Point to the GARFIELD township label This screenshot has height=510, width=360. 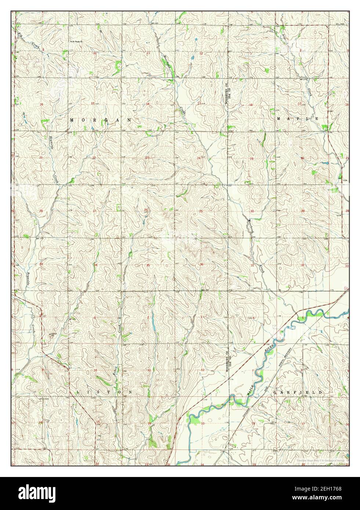pyautogui.click(x=298, y=392)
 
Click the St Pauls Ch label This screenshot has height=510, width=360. pyautogui.click(x=77, y=41)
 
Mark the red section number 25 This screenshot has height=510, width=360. pyautogui.click(x=201, y=211)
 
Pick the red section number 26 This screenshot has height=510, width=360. pyautogui.click(x=146, y=210)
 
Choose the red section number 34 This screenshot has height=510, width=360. pyautogui.click(x=96, y=265)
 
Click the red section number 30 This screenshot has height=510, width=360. pyautogui.click(x=252, y=211)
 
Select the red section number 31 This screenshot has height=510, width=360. pyautogui.click(x=252, y=265)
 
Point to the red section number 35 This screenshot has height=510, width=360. pyautogui.click(x=148, y=265)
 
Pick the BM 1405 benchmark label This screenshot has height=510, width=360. pyautogui.click(x=340, y=23)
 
